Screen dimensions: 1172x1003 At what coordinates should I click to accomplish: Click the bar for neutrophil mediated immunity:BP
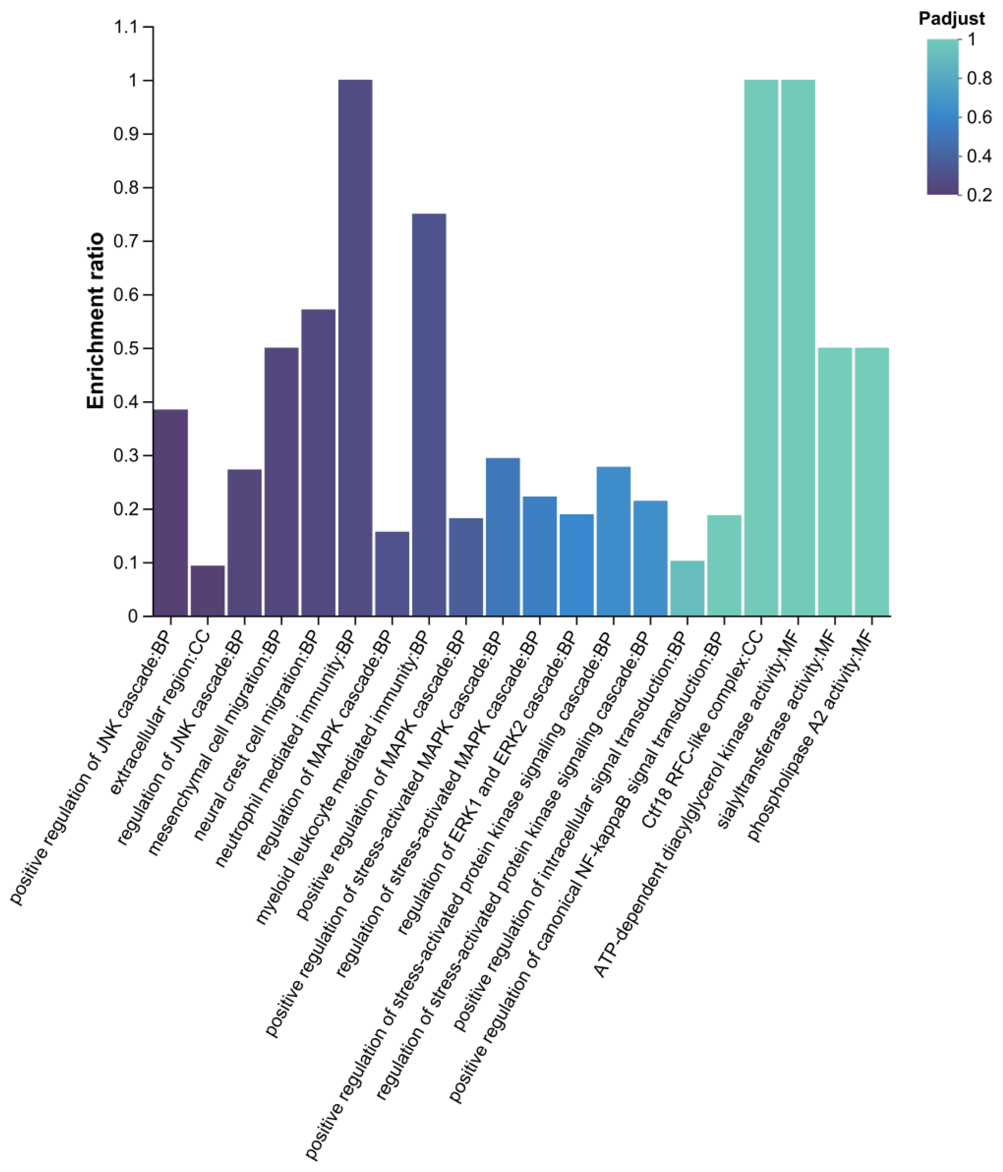click(355, 348)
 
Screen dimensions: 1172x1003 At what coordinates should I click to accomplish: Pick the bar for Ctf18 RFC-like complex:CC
click(761, 348)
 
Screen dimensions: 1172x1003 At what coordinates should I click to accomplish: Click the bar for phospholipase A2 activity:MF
click(872, 481)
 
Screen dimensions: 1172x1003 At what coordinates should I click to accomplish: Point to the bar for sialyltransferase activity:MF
click(835, 481)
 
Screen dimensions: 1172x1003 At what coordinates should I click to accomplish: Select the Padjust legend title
click(951, 19)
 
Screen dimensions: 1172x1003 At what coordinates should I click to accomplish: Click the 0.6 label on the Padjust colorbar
click(979, 117)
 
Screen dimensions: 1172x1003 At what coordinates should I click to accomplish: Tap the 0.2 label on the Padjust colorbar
click(979, 195)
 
